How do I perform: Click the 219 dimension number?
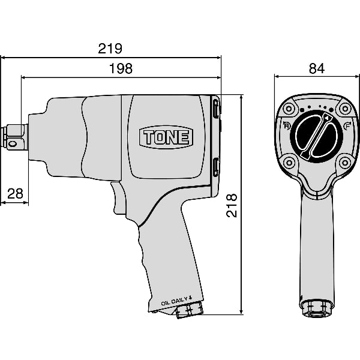[110, 49]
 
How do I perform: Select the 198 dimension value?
[121, 68]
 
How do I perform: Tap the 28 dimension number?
[16, 194]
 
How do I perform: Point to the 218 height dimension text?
[232, 205]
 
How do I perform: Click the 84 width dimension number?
[317, 68]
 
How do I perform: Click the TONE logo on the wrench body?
[166, 137]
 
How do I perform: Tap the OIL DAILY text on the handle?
[176, 301]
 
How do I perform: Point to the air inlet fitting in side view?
[190, 310]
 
